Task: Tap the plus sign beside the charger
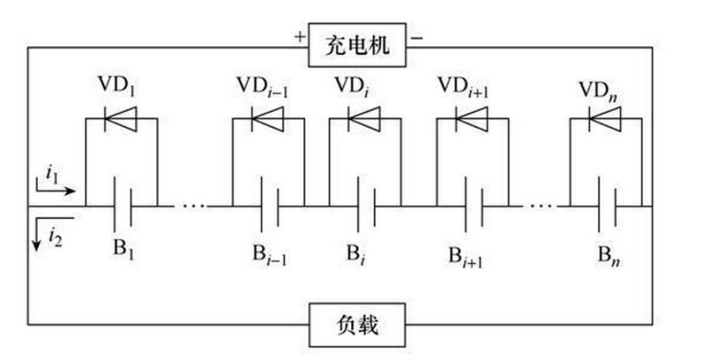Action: [x=299, y=37]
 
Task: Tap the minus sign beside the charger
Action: [x=417, y=37]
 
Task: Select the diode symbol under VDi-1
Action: [x=268, y=118]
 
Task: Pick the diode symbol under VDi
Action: [x=363, y=118]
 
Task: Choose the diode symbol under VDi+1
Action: [x=471, y=118]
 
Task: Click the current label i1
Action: [x=52, y=174]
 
